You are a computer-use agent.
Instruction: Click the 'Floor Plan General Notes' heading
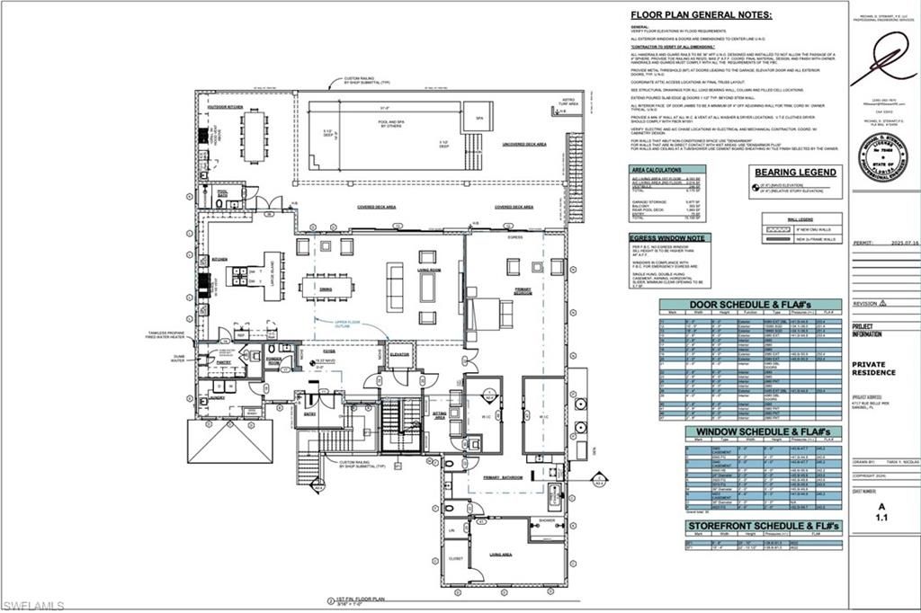(701, 14)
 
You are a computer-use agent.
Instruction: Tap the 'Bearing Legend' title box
(797, 172)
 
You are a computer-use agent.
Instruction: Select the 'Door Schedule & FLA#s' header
(749, 304)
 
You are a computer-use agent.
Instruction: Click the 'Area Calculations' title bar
(661, 168)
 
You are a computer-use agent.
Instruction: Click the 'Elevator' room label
(399, 354)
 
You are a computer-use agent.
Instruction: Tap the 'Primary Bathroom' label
(503, 477)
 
